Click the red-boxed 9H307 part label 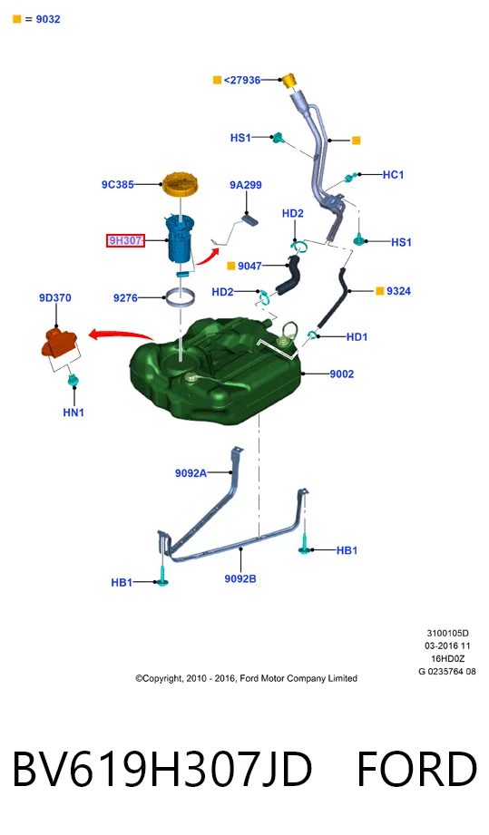125,240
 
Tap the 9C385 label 118,185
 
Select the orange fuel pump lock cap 180,184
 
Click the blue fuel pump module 181,238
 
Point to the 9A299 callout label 246,185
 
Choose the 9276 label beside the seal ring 125,297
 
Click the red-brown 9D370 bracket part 60,342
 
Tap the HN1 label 73,413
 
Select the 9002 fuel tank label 341,374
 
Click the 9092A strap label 191,473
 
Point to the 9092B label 240,578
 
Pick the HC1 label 393,175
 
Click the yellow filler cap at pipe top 289,81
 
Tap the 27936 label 242,80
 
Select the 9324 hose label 398,291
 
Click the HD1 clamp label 357,336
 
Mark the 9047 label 249,266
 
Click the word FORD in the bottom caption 416,769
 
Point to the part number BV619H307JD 161,769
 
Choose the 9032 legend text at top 48,19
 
